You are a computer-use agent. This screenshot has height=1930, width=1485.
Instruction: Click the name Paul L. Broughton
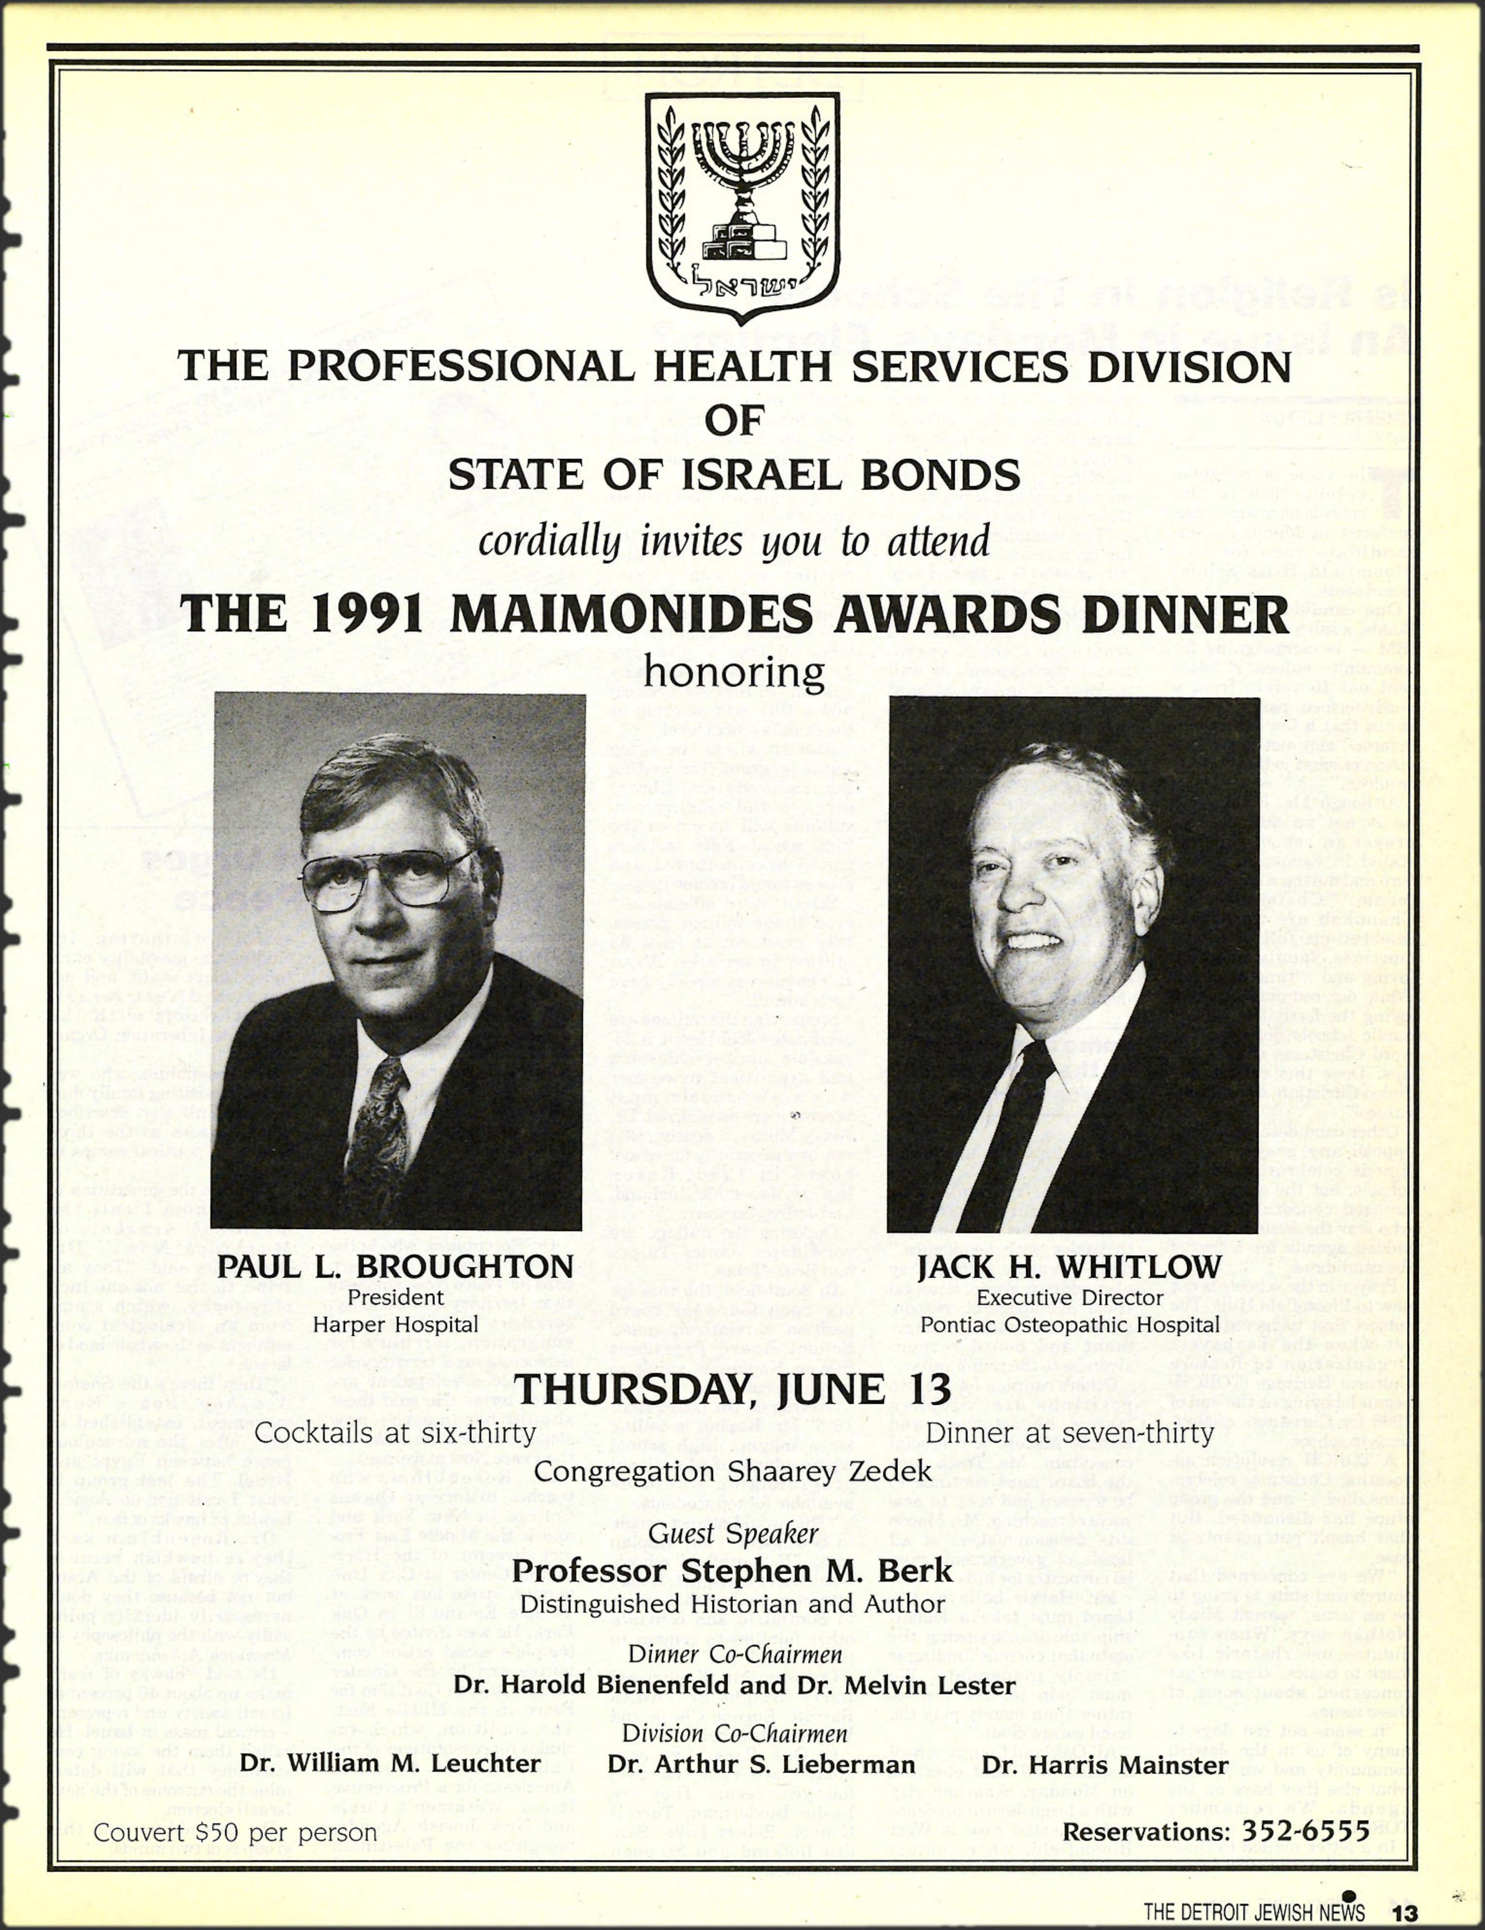395,1266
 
